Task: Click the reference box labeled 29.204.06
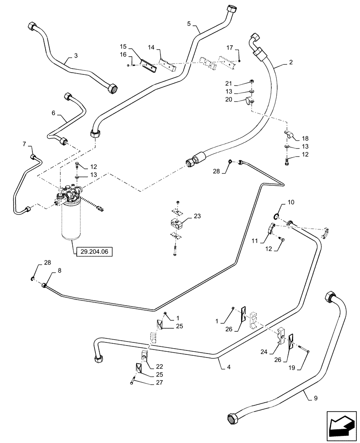(94, 252)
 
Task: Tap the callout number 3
(76, 56)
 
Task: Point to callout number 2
(290, 62)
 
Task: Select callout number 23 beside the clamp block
(196, 217)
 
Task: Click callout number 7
(24, 144)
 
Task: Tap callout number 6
(54, 113)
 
